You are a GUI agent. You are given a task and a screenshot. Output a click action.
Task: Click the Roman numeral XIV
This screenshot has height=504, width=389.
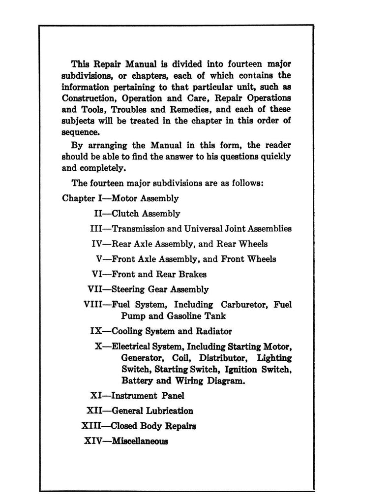coord(93,441)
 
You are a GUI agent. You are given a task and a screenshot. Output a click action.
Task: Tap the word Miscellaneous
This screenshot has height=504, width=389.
coord(140,441)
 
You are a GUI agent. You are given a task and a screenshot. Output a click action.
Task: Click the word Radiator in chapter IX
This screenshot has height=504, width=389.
coord(213,331)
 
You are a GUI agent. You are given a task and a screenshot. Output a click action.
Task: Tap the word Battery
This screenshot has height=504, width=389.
coord(137,380)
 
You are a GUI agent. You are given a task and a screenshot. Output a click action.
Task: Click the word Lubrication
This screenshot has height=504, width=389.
coord(168,410)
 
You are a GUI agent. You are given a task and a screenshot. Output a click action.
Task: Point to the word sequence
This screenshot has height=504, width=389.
coord(78,132)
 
